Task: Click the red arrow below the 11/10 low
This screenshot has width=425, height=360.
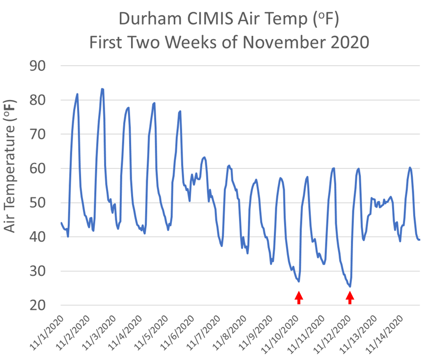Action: click(x=299, y=298)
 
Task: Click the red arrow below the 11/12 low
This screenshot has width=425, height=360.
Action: click(x=350, y=298)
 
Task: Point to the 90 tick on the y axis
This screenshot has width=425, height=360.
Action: click(x=37, y=66)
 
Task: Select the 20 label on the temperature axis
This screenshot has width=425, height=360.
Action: click(x=37, y=305)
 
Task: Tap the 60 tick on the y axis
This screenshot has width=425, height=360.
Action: click(x=37, y=168)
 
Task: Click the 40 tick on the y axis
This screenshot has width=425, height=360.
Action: click(x=37, y=237)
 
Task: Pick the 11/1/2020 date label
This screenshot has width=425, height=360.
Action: click(x=46, y=333)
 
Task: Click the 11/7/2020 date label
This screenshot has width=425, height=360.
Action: click(x=203, y=333)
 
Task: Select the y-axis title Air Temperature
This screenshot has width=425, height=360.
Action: click(x=10, y=166)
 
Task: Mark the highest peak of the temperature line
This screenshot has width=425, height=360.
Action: click(x=102, y=89)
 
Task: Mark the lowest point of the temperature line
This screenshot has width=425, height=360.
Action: click(x=350, y=286)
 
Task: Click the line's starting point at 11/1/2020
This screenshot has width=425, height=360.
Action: click(x=61, y=222)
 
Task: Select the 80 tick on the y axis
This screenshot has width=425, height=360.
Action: click(x=37, y=100)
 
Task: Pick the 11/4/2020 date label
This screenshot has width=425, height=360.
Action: click(x=125, y=333)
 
